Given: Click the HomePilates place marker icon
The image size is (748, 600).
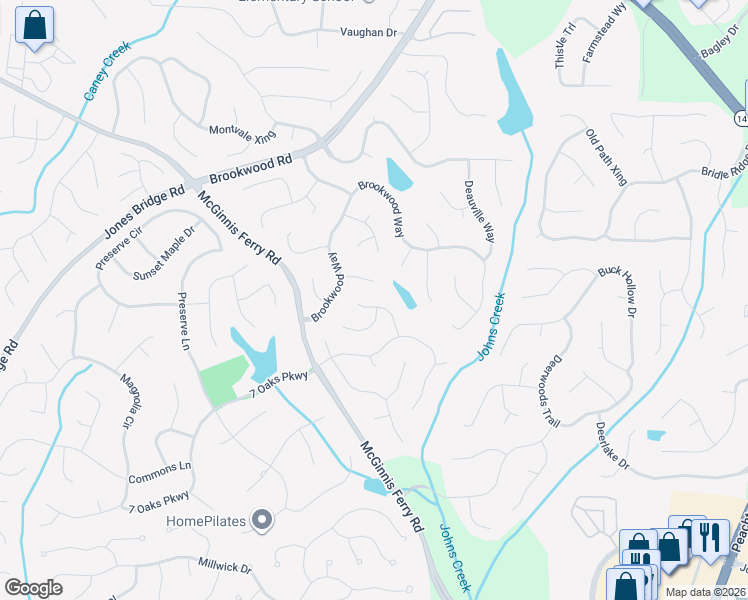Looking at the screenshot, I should [x=262, y=519].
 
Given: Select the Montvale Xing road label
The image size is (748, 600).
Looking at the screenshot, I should [x=241, y=132].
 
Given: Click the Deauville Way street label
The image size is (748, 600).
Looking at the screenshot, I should [x=479, y=211].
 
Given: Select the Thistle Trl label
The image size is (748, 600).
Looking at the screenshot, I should [x=566, y=45].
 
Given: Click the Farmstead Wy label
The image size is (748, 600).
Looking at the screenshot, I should [x=604, y=33].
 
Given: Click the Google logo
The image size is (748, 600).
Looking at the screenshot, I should [x=33, y=588].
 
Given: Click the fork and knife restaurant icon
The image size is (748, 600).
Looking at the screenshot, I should [x=710, y=537].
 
